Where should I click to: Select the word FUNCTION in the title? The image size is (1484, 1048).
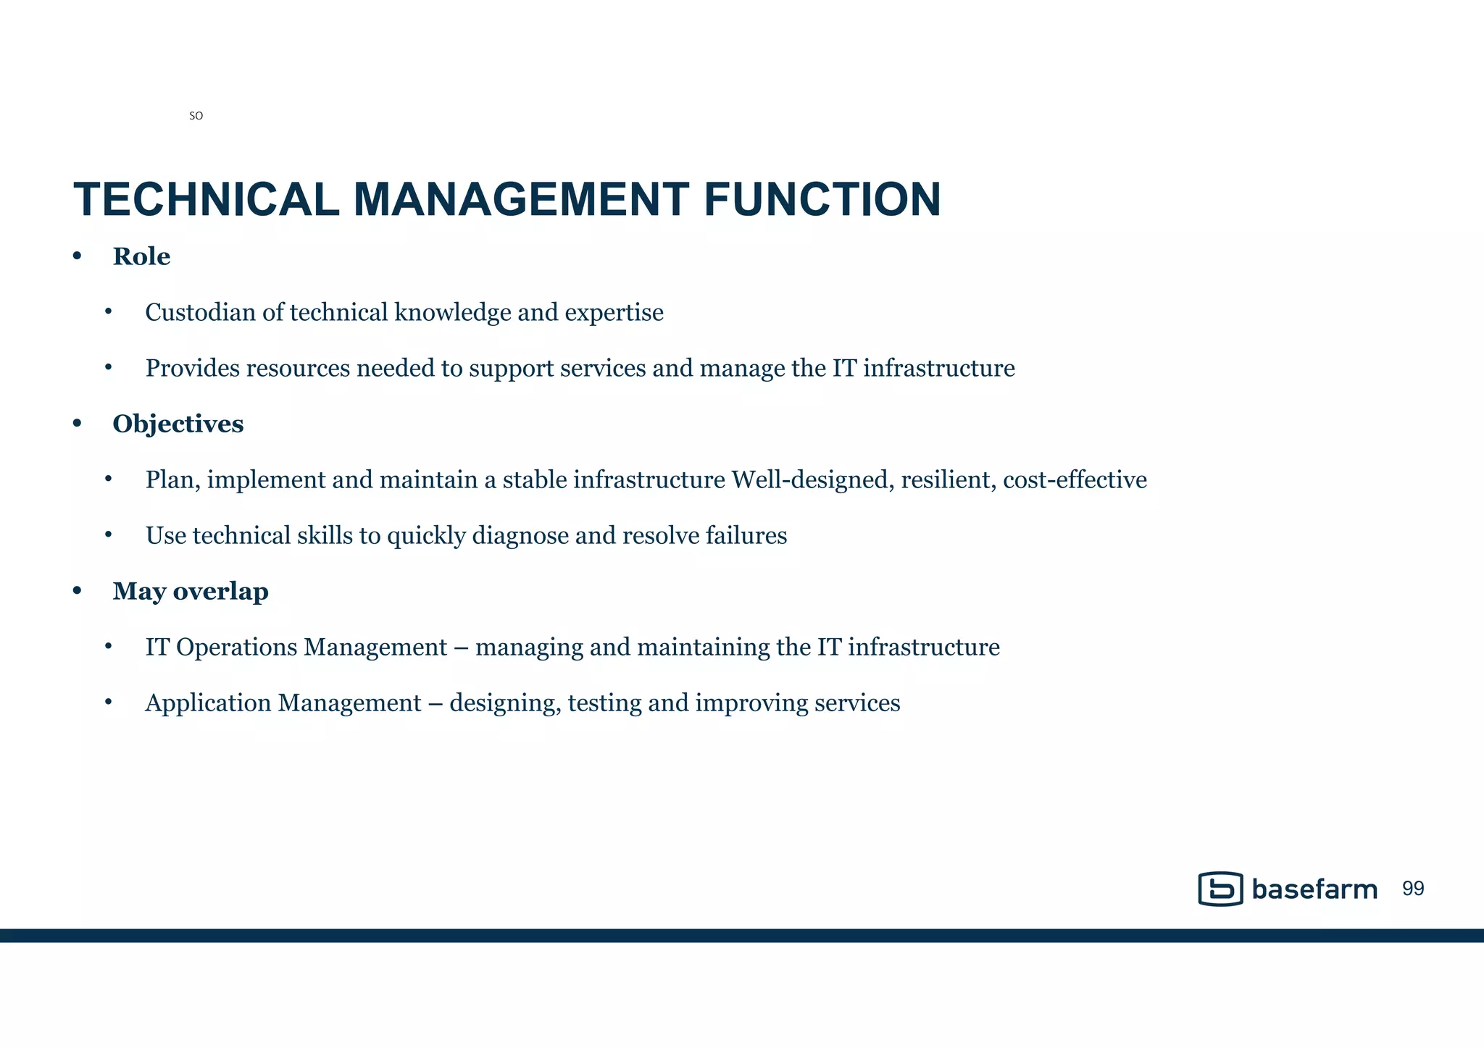click(x=822, y=200)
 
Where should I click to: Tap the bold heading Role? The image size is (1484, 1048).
click(x=141, y=256)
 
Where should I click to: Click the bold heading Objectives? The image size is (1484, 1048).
click(x=178, y=424)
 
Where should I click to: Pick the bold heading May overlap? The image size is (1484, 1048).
click(x=191, y=591)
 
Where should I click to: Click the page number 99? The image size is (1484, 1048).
click(x=1413, y=889)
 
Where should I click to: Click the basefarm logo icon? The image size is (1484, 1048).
click(x=1221, y=889)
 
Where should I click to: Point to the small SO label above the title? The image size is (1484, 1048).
click(x=196, y=116)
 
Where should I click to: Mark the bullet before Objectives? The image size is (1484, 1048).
click(x=78, y=424)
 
